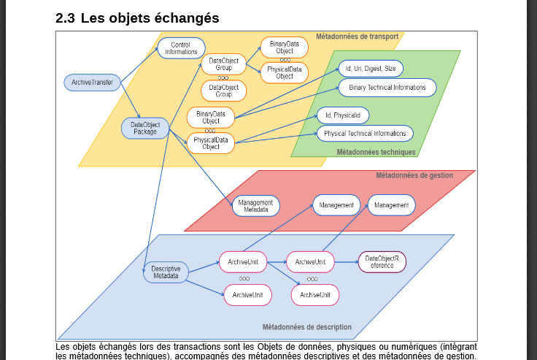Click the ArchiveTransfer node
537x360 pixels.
(x=93, y=83)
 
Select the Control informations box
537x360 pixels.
(x=180, y=48)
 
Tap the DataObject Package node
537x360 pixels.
(x=144, y=129)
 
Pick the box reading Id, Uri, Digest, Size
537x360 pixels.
(x=371, y=69)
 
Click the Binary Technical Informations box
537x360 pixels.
(x=387, y=88)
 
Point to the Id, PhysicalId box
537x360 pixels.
(x=343, y=115)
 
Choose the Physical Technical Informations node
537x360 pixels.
(x=365, y=134)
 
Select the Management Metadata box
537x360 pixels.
(x=255, y=206)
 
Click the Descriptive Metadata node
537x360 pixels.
(x=166, y=272)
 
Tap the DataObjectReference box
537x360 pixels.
(x=382, y=261)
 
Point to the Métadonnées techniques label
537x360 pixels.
(x=376, y=152)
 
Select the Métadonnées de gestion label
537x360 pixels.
(x=414, y=175)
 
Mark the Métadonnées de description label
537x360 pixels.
(x=306, y=326)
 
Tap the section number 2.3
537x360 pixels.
(x=66, y=18)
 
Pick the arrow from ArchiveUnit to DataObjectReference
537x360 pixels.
(x=346, y=261)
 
